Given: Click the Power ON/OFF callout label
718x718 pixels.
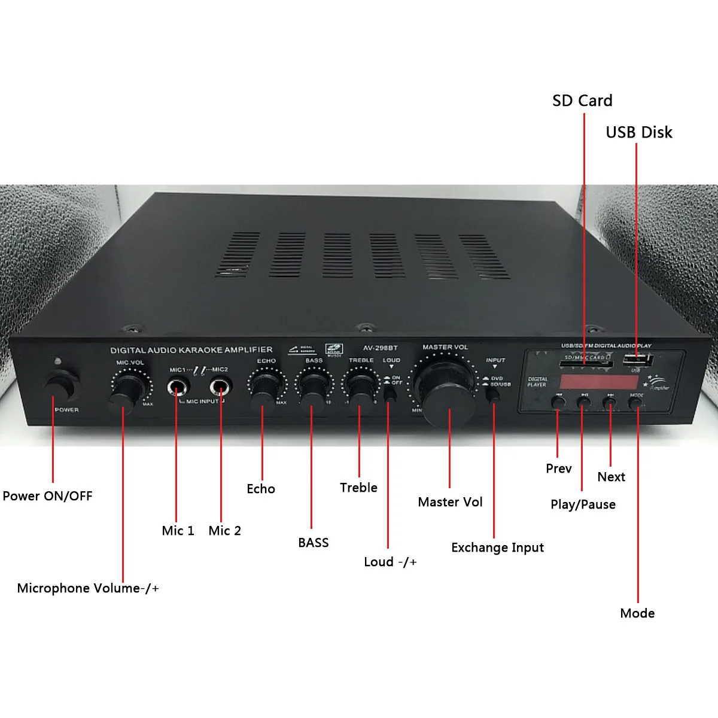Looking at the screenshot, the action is (x=47, y=496).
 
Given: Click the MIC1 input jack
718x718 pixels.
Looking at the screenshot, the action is (x=177, y=388).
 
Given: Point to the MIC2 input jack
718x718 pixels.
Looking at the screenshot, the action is (x=220, y=388).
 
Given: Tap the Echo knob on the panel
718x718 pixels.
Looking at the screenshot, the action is (x=263, y=389).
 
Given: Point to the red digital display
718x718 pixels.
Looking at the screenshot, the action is (x=598, y=382).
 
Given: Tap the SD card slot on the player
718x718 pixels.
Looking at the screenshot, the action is (x=585, y=363).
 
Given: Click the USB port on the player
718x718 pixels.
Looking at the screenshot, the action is (x=635, y=360).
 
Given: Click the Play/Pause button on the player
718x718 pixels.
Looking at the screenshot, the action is (x=584, y=402).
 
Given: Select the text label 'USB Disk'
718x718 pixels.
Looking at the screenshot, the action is (x=639, y=132).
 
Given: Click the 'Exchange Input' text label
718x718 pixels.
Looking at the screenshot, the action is (x=497, y=547).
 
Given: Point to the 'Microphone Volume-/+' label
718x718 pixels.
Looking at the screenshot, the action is (x=88, y=588).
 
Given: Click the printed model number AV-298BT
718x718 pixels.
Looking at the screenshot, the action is (x=380, y=348).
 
